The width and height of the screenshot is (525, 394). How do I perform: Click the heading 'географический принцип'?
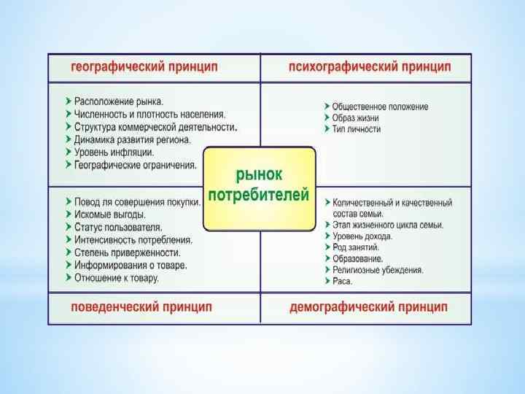144,67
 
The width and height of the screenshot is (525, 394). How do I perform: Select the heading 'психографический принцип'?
369,67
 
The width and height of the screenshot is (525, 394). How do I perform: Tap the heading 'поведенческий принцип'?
141,307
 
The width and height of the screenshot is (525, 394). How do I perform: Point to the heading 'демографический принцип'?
368,307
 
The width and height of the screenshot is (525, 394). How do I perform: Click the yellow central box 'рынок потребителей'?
259,186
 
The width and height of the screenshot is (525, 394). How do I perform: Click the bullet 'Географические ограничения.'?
135,165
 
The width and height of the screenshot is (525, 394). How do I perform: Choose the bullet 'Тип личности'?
357,129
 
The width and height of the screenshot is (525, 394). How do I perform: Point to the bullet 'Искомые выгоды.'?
110,215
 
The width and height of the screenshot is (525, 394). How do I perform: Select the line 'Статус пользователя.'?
117,227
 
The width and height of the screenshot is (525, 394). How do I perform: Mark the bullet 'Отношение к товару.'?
117,278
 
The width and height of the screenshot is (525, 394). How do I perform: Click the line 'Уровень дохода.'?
362,236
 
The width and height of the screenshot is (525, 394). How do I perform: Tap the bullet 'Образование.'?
357,258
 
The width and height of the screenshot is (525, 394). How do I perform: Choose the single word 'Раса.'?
343,281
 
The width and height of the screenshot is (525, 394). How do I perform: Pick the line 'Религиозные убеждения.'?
378,270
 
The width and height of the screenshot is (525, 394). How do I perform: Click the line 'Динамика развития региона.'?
132,139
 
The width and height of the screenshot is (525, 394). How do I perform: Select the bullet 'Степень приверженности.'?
127,252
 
